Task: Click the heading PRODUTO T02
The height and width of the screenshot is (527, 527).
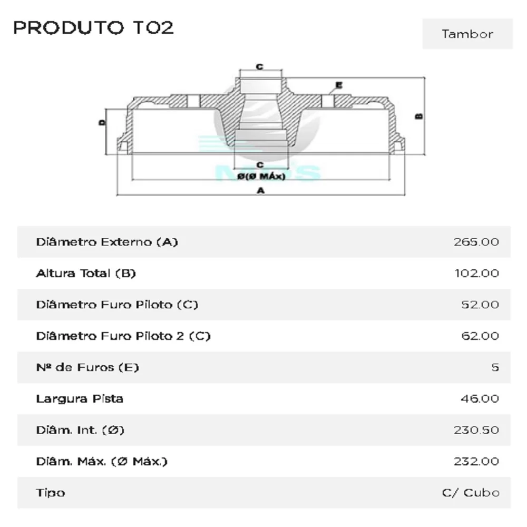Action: (x=93, y=27)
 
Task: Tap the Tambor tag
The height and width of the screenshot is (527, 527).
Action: (x=467, y=34)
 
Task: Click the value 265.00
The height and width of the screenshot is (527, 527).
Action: (x=476, y=242)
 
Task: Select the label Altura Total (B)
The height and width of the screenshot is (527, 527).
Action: (x=86, y=273)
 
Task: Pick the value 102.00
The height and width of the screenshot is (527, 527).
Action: (x=476, y=273)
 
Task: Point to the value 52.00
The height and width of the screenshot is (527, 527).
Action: (x=480, y=305)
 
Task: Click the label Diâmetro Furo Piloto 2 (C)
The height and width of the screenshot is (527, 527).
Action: (x=123, y=336)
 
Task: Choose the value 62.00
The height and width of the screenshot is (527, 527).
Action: (x=480, y=336)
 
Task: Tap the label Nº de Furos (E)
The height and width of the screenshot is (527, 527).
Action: (x=87, y=367)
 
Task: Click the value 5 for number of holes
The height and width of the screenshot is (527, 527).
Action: (x=495, y=367)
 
